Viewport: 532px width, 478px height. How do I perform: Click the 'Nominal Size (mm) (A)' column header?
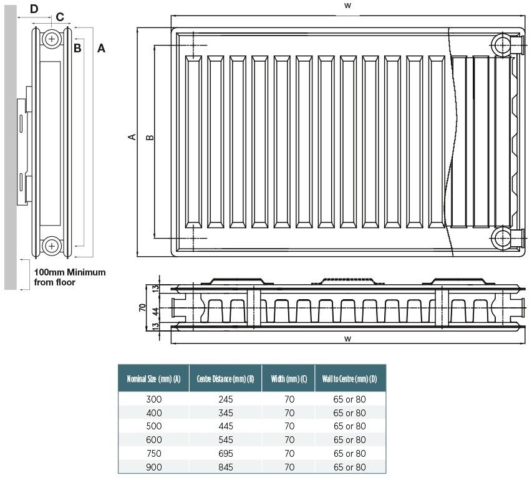153,379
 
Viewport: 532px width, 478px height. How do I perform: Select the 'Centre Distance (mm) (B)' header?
225,379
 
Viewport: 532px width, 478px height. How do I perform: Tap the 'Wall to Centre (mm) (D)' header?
349,379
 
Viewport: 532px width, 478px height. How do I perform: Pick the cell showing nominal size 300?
153,399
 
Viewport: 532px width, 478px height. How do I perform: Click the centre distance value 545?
225,440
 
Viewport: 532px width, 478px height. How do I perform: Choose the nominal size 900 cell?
153,467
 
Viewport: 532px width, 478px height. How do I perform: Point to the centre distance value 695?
225,454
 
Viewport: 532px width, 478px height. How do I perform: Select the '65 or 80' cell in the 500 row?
349,426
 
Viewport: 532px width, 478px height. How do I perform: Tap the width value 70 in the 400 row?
289,413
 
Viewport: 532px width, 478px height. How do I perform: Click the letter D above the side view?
34,8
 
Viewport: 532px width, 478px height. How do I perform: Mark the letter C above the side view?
60,17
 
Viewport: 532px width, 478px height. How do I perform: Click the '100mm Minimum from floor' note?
69,277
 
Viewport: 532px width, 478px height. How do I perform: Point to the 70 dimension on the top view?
142,308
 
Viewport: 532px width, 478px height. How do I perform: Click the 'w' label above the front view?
347,5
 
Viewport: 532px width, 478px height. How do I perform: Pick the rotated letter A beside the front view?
132,136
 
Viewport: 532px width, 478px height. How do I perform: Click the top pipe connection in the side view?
51,39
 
